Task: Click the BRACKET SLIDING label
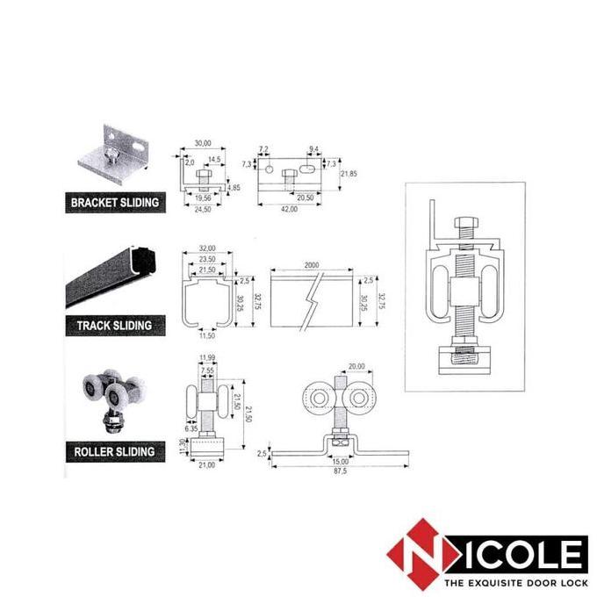click(x=114, y=202)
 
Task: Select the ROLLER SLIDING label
click(x=114, y=452)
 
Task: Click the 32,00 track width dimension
click(x=207, y=248)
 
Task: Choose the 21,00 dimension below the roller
click(x=207, y=465)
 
